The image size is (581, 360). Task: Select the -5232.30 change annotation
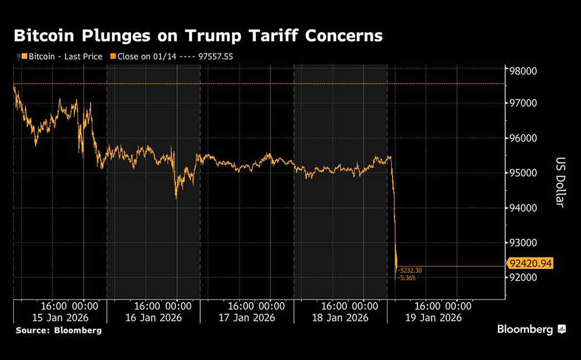tap(409, 270)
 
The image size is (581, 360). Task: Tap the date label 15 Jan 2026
tap(60, 317)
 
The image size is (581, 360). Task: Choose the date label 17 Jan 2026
tap(247, 317)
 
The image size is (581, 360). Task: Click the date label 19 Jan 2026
tap(434, 317)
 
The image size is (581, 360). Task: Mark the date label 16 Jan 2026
tap(153, 317)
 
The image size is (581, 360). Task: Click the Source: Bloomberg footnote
tap(59, 330)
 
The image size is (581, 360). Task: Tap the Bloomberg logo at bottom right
tap(531, 329)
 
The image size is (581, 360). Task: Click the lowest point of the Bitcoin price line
tap(396, 279)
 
